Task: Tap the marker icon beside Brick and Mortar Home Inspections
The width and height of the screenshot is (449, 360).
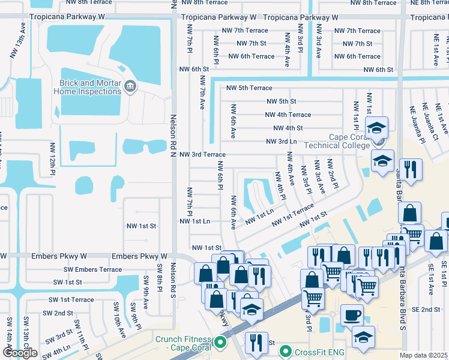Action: click(x=130, y=88)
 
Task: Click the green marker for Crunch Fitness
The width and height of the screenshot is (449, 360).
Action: click(x=220, y=343)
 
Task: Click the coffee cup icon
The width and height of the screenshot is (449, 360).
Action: click(x=352, y=314)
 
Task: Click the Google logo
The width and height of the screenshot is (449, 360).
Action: click(x=20, y=353)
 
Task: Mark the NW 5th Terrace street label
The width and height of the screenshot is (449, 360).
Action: click(x=249, y=88)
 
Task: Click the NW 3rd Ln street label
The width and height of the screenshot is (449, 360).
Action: click(x=282, y=142)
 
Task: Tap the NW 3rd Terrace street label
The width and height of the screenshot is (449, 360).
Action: click(x=202, y=154)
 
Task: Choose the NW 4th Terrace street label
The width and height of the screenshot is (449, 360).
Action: click(x=288, y=115)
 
